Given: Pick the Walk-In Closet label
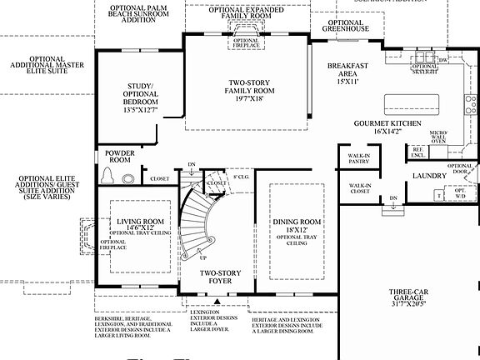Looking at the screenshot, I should tap(359, 188).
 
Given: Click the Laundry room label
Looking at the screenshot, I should tap(431, 177).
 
